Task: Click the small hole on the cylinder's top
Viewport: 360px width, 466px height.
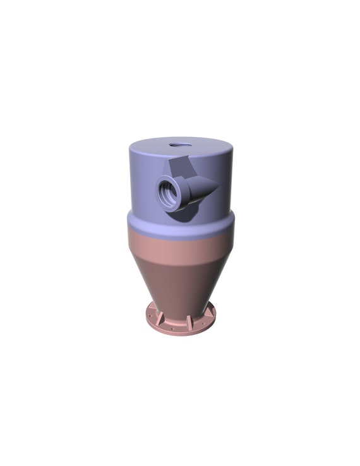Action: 179,145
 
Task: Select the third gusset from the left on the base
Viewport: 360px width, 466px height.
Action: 189,321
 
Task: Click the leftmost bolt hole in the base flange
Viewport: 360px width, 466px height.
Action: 150,316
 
